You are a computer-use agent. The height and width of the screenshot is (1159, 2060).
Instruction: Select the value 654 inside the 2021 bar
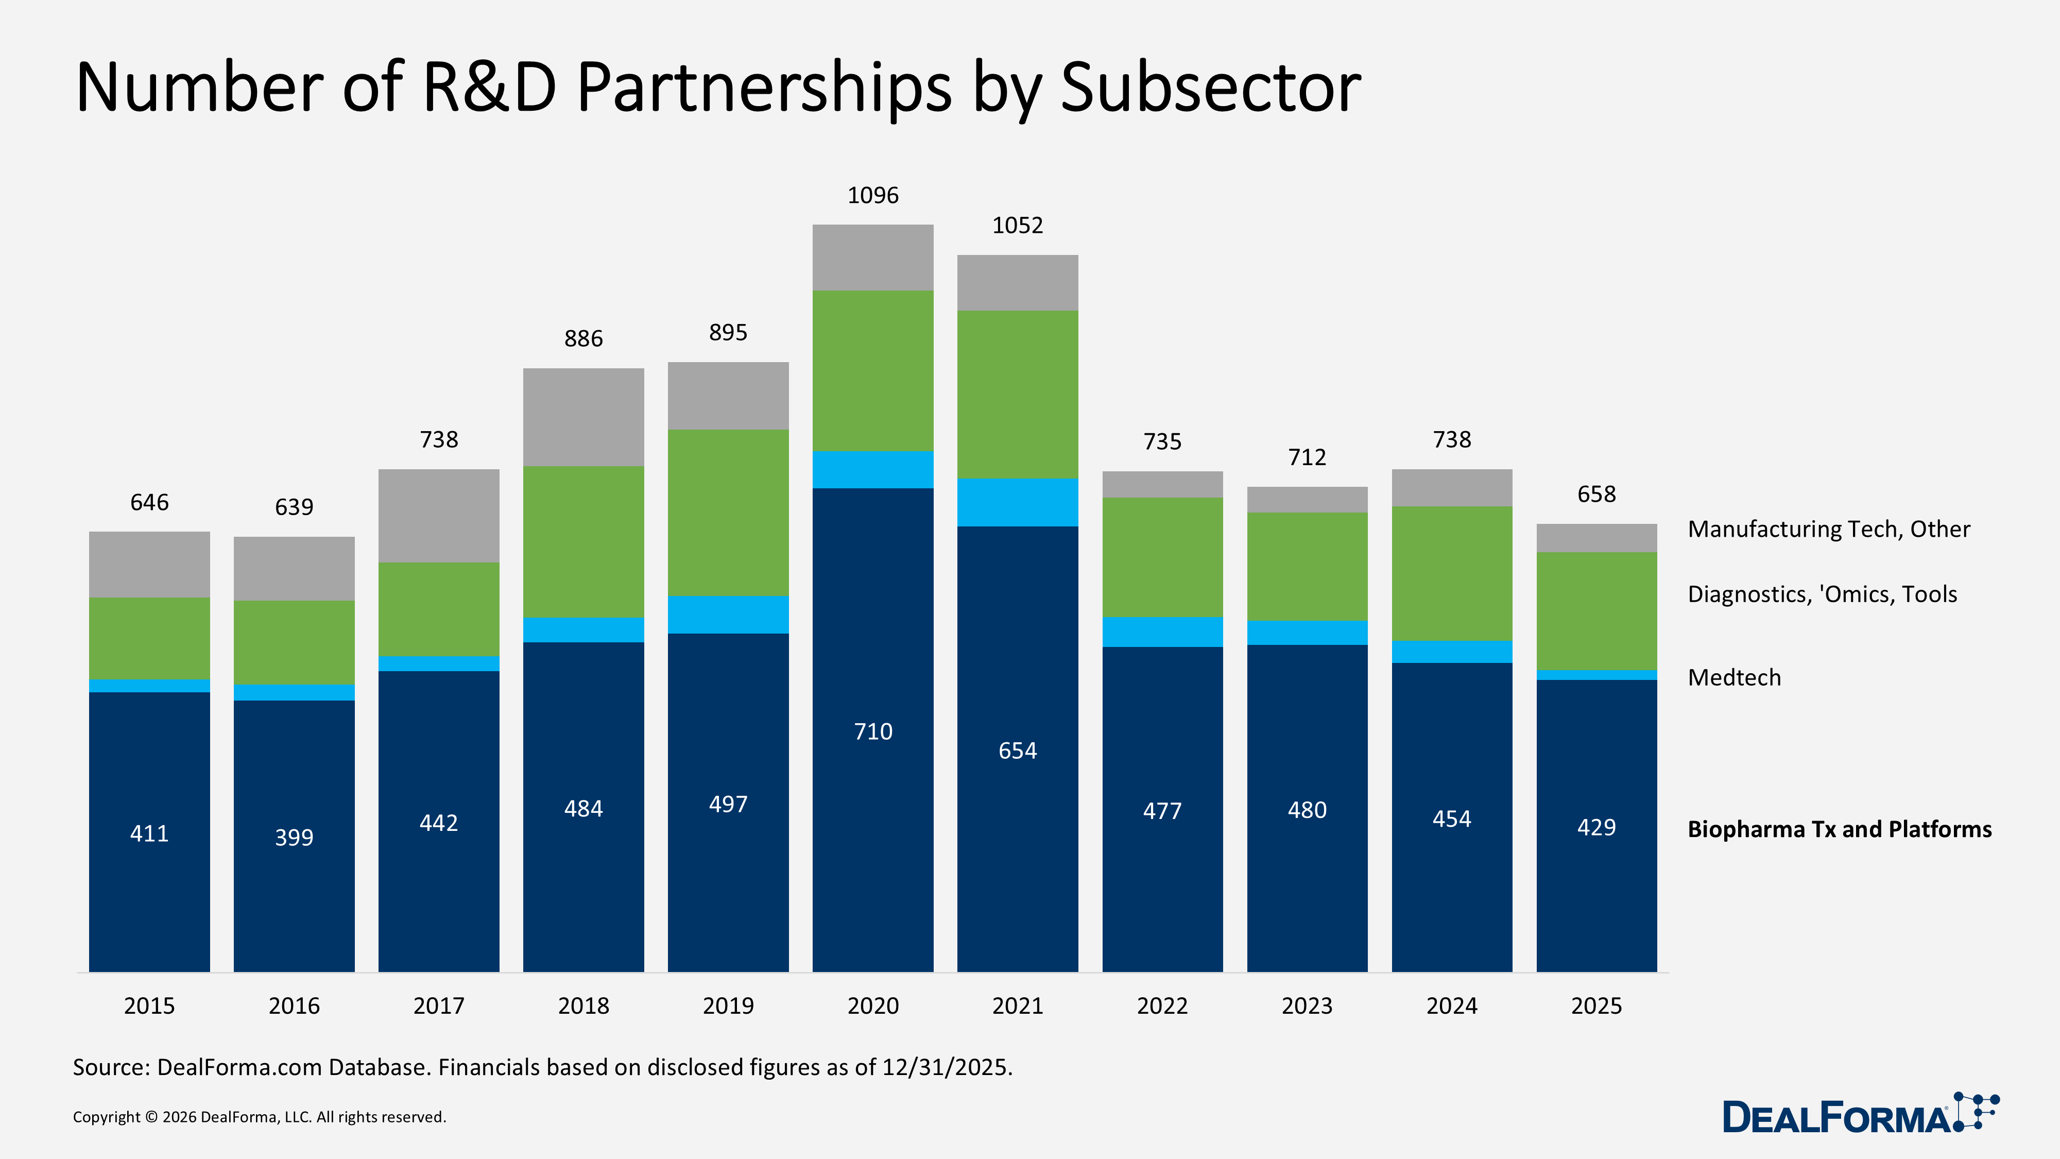1017,751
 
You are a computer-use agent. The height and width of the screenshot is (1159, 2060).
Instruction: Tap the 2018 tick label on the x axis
583,1005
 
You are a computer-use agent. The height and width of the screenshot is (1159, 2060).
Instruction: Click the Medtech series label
1733,677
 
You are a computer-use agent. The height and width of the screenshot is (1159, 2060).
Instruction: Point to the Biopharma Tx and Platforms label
1839,829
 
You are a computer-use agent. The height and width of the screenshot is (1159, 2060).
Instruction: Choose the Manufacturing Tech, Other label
1828,529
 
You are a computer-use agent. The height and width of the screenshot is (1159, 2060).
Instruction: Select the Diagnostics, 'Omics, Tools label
1822,594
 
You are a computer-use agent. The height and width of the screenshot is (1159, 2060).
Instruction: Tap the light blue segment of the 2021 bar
1017,502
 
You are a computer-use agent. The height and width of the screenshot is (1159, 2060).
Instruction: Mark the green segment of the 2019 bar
728,513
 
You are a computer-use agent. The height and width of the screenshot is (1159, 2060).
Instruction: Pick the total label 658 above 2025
1596,495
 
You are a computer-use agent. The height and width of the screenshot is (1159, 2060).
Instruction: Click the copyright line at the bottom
259,1117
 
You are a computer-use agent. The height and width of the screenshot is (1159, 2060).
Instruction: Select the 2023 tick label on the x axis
1307,1005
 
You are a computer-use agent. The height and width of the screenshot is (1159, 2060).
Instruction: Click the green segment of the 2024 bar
1451,573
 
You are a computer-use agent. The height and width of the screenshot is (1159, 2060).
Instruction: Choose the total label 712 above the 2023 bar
1307,457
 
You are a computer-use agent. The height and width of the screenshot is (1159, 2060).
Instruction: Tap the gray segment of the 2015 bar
149,564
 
